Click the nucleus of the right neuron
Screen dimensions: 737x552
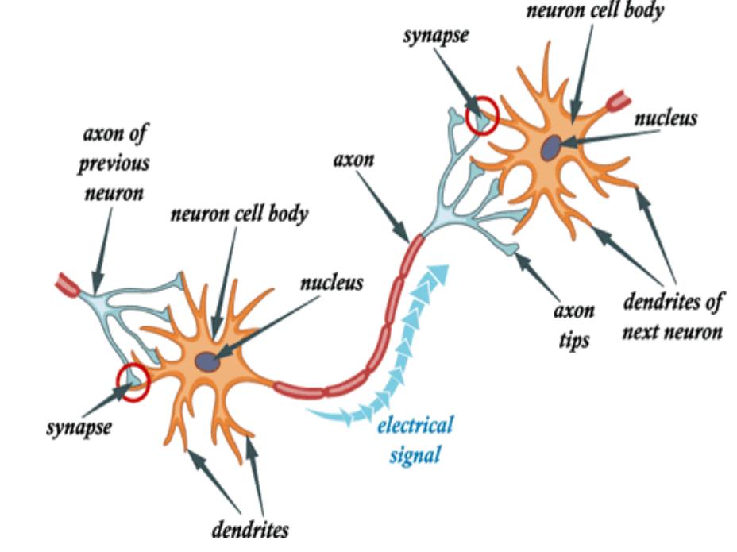pos(551,147)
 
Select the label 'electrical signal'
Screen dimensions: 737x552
pos(415,440)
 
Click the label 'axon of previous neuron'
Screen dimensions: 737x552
pos(114,163)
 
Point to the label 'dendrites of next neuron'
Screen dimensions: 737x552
pos(673,316)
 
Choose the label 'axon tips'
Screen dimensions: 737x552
pos(574,326)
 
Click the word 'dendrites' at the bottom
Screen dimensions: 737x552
pos(250,530)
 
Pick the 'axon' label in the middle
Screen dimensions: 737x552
pos(354,160)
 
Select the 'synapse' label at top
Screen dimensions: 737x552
pos(436,36)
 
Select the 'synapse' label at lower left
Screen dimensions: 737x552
pos(79,427)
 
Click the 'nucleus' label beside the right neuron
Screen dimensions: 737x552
pos(666,118)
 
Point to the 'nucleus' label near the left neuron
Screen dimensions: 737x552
pos(332,283)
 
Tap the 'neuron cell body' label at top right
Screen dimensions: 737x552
pos(595,10)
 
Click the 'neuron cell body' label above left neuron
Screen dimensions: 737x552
pos(239,214)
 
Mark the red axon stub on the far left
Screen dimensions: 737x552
pos(68,284)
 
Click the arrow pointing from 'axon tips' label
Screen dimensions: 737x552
pos(537,276)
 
